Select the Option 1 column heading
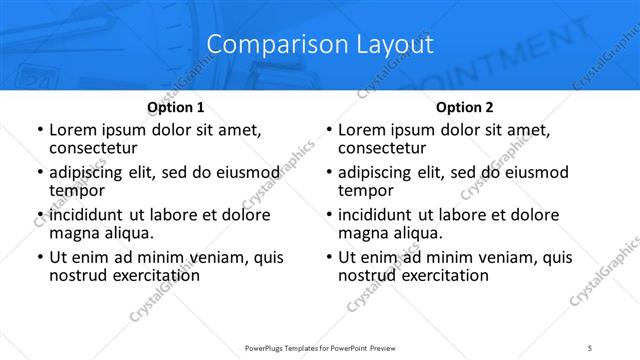point(176,107)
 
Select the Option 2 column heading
point(465,107)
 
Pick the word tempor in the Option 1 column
point(77,190)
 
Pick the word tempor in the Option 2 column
point(366,190)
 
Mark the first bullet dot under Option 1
point(39,131)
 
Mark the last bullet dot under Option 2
point(328,258)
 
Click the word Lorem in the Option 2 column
point(362,130)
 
